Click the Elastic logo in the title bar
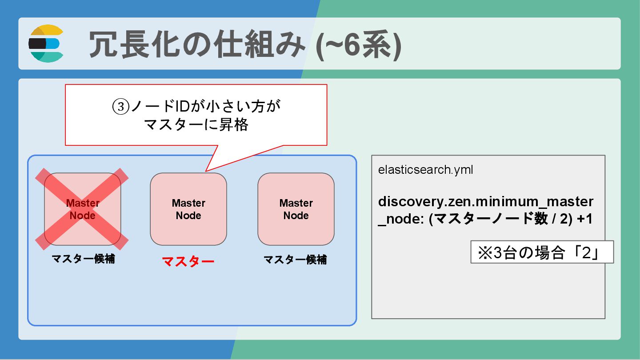pos(46,44)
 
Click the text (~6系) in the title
pos(358,45)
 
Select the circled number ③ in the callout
pos(119,107)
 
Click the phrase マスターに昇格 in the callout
pos(196,125)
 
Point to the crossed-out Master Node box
pos(82,209)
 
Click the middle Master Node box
pos(188,209)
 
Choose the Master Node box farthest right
pos(296,209)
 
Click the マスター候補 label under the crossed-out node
pos(83,259)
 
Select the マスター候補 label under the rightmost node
pos(295,260)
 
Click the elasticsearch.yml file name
pos(425,170)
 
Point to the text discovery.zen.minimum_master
pos(485,202)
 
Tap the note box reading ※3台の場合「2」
pos(542,252)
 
